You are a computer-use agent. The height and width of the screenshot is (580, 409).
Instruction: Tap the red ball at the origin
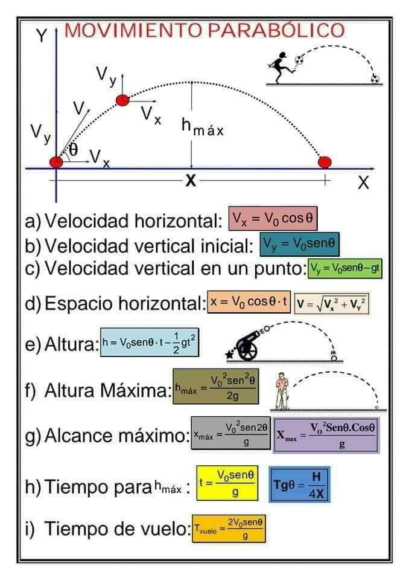tap(55, 162)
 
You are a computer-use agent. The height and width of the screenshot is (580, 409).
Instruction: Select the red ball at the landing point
tap(325, 162)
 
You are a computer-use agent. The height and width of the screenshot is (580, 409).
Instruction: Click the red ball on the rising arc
tap(122, 100)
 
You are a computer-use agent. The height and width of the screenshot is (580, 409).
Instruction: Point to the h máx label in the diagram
tap(202, 127)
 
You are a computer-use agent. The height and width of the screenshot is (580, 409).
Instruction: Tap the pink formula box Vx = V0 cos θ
tap(273, 219)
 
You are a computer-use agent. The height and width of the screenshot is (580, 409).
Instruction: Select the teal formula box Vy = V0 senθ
tap(299, 243)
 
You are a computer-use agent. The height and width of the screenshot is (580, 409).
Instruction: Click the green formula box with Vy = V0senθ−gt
tap(345, 269)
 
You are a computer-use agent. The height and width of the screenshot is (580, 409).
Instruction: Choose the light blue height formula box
tap(149, 342)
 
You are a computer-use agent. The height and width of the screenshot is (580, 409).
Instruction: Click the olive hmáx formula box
tap(215, 387)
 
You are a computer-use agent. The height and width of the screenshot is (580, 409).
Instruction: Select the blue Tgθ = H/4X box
tap(300, 485)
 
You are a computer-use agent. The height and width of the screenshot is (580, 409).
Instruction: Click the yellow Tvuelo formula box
tap(229, 527)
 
